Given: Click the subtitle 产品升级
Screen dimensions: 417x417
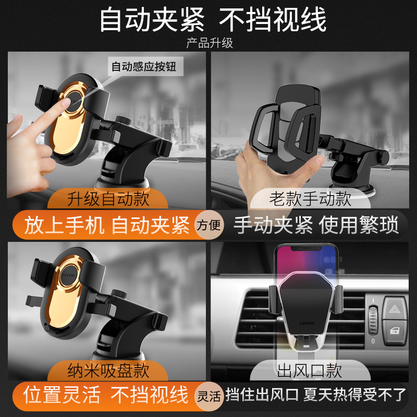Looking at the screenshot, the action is pyautogui.click(x=210, y=43).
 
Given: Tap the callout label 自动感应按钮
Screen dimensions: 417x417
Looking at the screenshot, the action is pyautogui.click(x=144, y=67).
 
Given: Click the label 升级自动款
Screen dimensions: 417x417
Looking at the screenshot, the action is pyautogui.click(x=108, y=199).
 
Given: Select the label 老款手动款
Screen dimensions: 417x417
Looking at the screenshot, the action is pyautogui.click(x=310, y=199).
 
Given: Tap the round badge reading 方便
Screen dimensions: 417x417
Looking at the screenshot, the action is pyautogui.click(x=209, y=225).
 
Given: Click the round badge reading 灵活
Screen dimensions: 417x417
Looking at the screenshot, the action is pyautogui.click(x=209, y=396).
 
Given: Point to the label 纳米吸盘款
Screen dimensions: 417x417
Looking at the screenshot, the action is pyautogui.click(x=108, y=371).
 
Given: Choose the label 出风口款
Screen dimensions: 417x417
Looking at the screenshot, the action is pyautogui.click(x=309, y=371).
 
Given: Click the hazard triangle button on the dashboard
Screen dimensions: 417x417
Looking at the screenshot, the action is pyautogui.click(x=395, y=309).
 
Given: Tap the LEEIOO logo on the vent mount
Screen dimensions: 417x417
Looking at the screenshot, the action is pyautogui.click(x=307, y=323).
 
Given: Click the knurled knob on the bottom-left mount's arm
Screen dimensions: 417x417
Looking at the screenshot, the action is pyautogui.click(x=119, y=293).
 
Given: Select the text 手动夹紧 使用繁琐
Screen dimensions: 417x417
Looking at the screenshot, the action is pyautogui.click(x=316, y=225).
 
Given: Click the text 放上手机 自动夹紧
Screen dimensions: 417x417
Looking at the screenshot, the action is pyautogui.click(x=107, y=225).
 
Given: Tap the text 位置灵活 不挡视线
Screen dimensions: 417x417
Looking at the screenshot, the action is pyautogui.click(x=106, y=395).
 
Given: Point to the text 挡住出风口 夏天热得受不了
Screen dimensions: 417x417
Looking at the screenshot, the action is pyautogui.click(x=315, y=395).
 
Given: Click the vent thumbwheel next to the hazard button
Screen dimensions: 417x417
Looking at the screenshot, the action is pyautogui.click(x=373, y=321).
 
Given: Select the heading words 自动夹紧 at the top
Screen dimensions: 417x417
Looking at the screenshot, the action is pyautogui.click(x=152, y=20).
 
